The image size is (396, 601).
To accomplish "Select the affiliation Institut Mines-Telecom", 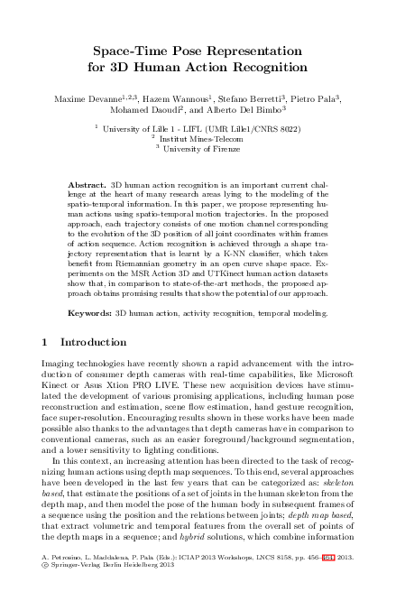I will (200, 141).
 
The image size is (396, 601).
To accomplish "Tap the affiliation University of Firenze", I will (200, 150).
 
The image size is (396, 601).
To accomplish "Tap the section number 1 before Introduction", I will (46, 343).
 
